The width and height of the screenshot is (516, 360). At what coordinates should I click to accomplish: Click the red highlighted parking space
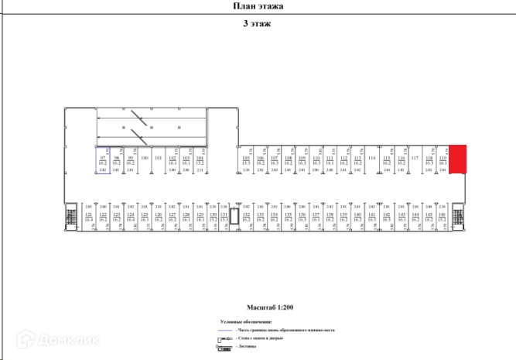coord(457,159)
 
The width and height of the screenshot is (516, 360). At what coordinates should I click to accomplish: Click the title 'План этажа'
coord(258,6)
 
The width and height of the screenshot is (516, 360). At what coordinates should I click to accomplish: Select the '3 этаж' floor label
coord(257,24)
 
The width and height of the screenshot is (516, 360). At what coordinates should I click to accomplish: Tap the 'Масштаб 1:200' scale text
coord(258,307)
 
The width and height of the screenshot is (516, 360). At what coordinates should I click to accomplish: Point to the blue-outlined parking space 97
coord(102,160)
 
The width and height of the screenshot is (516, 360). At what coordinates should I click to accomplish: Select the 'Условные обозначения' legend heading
coord(245,321)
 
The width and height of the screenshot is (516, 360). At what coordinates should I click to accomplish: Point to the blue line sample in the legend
coord(224,331)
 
